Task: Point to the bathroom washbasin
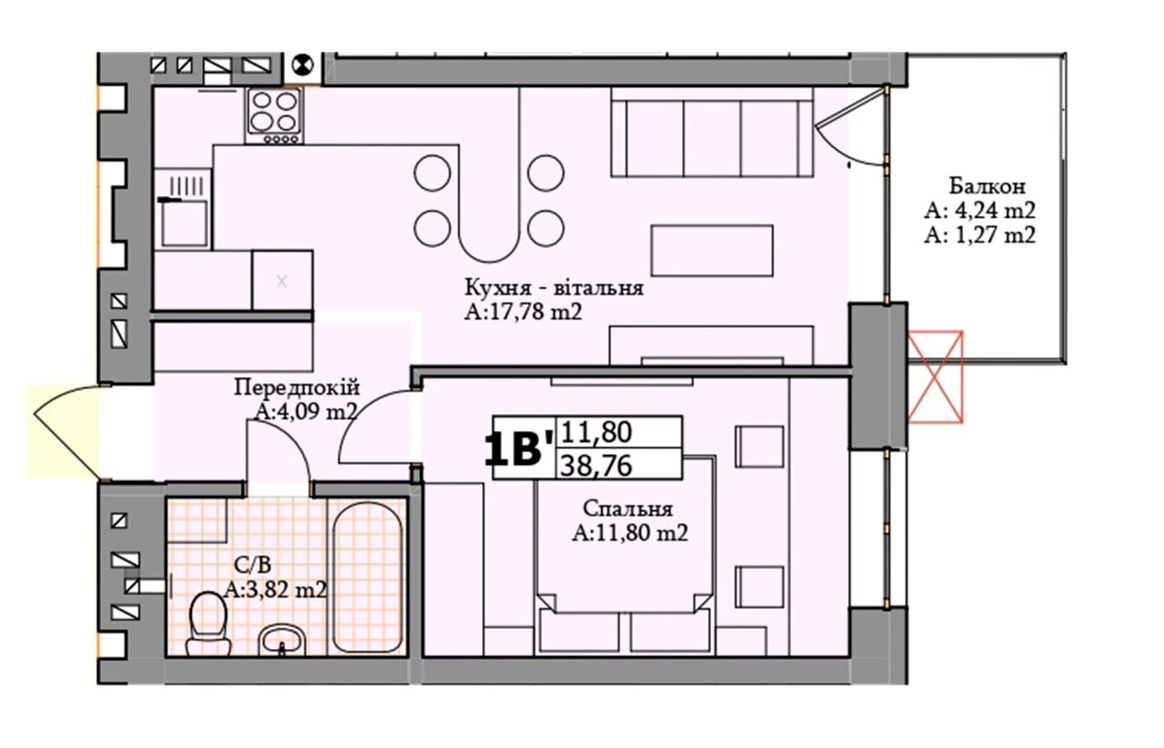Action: coord(282,640)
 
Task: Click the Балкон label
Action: coord(988,186)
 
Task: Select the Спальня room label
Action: coord(627,509)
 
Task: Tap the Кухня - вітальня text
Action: coord(554,287)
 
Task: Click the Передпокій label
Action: coord(296,387)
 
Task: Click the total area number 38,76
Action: coord(596,464)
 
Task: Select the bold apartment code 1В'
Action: coord(518,451)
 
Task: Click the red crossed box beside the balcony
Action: coord(935,376)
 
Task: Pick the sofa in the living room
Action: coord(712,132)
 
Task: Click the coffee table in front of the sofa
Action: coord(712,251)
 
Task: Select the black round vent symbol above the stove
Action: coord(303,66)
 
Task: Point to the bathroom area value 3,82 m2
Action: coord(276,590)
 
